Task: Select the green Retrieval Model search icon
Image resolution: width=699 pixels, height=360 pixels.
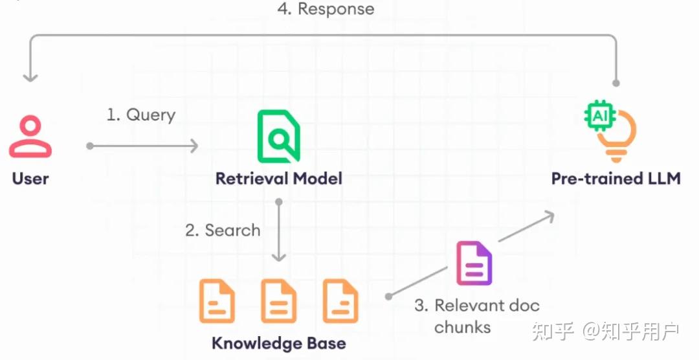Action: [x=279, y=137]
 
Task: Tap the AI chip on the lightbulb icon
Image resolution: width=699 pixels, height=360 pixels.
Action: [x=599, y=116]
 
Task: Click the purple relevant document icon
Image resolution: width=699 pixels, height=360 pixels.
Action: [x=474, y=263]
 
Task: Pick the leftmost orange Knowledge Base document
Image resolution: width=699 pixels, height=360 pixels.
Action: [x=217, y=300]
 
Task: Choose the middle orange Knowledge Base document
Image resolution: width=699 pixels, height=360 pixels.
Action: [x=278, y=300]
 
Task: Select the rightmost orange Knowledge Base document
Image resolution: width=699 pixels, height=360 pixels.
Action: [x=340, y=300]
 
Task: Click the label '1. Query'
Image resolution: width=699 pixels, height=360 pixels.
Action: [x=141, y=115]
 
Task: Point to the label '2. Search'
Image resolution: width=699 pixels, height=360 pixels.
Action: [x=223, y=231]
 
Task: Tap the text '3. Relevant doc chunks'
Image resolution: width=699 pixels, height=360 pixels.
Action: [x=477, y=316]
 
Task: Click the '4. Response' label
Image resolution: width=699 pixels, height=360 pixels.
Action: [x=326, y=9]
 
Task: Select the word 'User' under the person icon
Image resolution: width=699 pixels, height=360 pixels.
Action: [x=30, y=179]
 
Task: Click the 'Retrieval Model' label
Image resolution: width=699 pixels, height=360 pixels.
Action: [x=279, y=179]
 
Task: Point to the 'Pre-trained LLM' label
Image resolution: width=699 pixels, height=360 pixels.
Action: [x=616, y=179]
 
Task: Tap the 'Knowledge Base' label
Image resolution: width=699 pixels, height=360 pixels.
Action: [x=279, y=344]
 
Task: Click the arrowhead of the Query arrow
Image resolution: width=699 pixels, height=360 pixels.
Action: [x=195, y=146]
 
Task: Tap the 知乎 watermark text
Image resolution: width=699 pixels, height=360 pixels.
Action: [x=552, y=331]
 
